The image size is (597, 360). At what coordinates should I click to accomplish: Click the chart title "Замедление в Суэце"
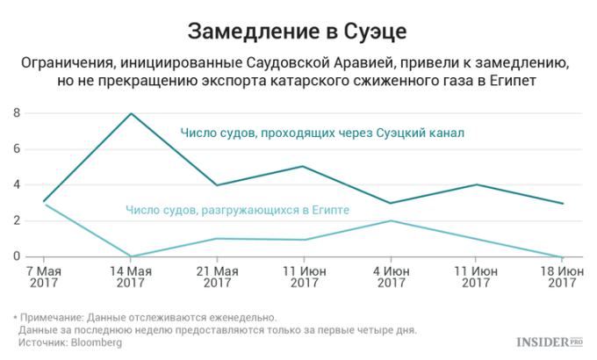click(298, 33)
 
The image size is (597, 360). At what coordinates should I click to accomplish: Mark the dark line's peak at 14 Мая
click(131, 113)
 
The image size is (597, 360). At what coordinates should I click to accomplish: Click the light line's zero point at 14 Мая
click(131, 256)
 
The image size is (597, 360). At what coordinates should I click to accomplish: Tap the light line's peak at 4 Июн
click(389, 220)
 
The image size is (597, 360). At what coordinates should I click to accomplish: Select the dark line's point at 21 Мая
click(217, 184)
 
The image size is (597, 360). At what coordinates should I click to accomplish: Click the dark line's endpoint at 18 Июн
click(562, 203)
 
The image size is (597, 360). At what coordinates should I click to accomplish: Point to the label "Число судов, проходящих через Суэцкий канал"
click(321, 133)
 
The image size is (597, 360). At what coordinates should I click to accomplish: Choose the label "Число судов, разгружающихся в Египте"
click(238, 210)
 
